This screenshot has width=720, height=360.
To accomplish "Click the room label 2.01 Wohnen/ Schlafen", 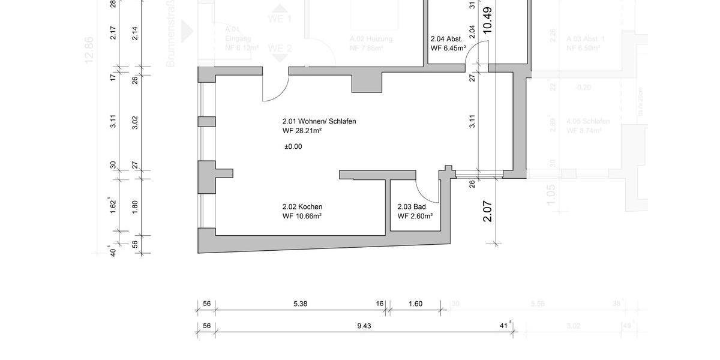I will (319, 121).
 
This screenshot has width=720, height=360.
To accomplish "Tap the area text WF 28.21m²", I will (302, 131).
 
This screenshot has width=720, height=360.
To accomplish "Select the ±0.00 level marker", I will (293, 146).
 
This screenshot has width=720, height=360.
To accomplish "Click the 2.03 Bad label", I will (411, 206).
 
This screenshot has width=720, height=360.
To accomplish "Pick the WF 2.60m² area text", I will (415, 216).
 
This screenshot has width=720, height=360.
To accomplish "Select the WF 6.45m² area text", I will (448, 49).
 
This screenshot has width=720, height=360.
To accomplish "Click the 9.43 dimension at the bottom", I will (364, 326).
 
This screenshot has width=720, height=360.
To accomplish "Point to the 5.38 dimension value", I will (300, 304).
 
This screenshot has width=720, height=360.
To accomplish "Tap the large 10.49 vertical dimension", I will (487, 19).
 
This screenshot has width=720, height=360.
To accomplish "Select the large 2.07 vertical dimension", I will (487, 211).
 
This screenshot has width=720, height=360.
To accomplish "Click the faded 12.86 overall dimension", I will (89, 50).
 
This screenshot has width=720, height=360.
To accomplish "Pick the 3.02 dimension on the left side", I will (135, 123).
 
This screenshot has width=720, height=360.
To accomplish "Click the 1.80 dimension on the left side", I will (135, 207).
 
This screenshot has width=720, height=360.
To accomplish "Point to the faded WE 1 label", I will (280, 19).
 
